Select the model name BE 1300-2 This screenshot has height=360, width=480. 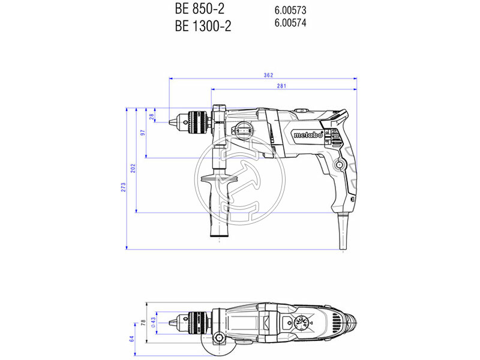(x=202, y=26)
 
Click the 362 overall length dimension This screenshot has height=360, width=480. (x=268, y=75)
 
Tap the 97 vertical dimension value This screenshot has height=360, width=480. (x=142, y=133)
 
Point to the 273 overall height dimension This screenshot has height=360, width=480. (x=124, y=188)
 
